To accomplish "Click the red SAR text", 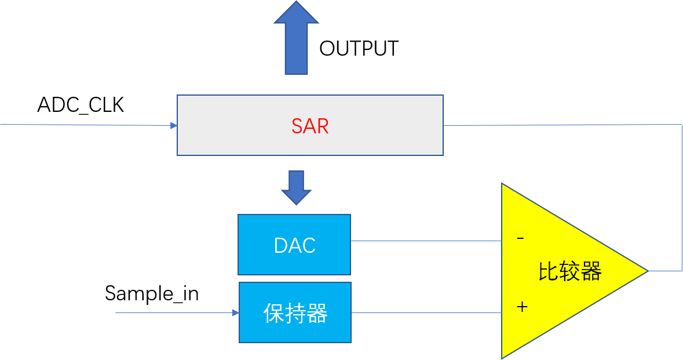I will (310, 126).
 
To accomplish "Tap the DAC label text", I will (294, 245).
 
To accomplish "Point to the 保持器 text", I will (295, 314).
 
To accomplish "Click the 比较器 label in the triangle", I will (570, 271).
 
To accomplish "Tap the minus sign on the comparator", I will (520, 238).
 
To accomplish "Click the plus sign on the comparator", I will (522, 307).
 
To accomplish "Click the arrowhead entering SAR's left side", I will (174, 125).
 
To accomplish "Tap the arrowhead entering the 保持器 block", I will (235, 313).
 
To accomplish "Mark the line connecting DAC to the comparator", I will (426, 241).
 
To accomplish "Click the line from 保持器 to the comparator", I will (426, 313).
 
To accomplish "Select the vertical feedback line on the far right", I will (682, 197).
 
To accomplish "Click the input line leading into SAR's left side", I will (87, 125).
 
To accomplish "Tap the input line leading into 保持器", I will (174, 313).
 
